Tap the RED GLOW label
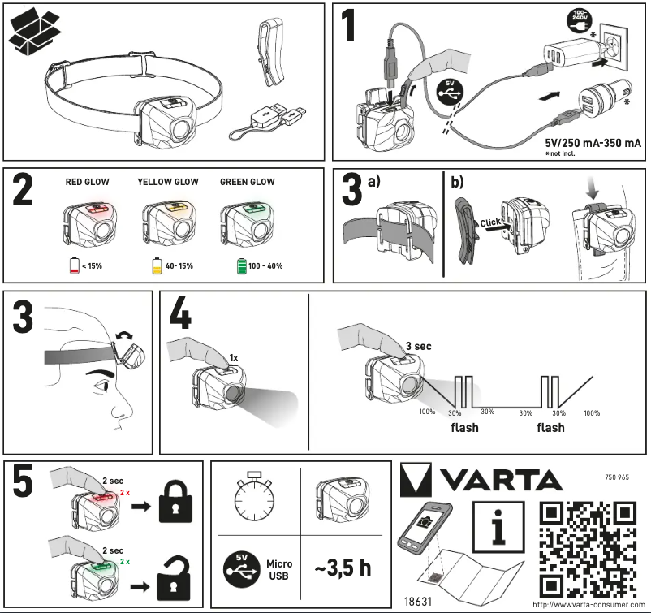(87, 183)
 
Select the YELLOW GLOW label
(167, 183)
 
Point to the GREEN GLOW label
(247, 183)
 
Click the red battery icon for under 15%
(75, 265)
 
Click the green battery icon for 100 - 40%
(239, 265)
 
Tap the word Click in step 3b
(468, 222)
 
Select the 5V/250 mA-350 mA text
(593, 143)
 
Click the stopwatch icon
(257, 499)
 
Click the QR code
(588, 550)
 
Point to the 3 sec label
(417, 346)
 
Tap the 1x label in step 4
(234, 357)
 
